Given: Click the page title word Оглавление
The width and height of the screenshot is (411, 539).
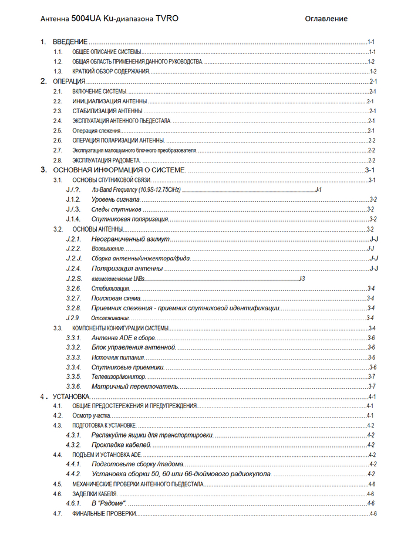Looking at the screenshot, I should pyautogui.click(x=326, y=19).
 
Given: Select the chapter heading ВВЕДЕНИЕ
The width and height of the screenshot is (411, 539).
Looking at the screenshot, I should pyautogui.click(x=70, y=42).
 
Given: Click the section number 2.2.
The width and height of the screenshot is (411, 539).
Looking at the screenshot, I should pyautogui.click(x=58, y=101).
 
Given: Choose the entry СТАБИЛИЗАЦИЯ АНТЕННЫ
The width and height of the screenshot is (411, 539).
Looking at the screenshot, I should pyautogui.click(x=107, y=111).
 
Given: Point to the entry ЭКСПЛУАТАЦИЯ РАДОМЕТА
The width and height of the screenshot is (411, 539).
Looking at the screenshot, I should pyautogui.click(x=106, y=160).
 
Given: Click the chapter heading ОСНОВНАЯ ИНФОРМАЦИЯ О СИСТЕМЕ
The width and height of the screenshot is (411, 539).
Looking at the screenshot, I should pyautogui.click(x=119, y=170).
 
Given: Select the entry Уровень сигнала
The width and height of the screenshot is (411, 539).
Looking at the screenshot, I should pyautogui.click(x=116, y=199).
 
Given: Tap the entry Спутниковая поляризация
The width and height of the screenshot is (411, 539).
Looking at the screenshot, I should pyautogui.click(x=130, y=219).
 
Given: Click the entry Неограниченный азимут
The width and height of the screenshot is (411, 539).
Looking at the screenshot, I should pyautogui.click(x=130, y=239).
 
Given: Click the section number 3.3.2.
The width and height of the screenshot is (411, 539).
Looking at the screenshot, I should pyautogui.click(x=73, y=348).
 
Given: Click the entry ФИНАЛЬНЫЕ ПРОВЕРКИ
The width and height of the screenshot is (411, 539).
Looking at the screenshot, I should pyautogui.click(x=104, y=514).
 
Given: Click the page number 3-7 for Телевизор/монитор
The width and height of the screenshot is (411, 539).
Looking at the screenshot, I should pyautogui.click(x=372, y=377).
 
